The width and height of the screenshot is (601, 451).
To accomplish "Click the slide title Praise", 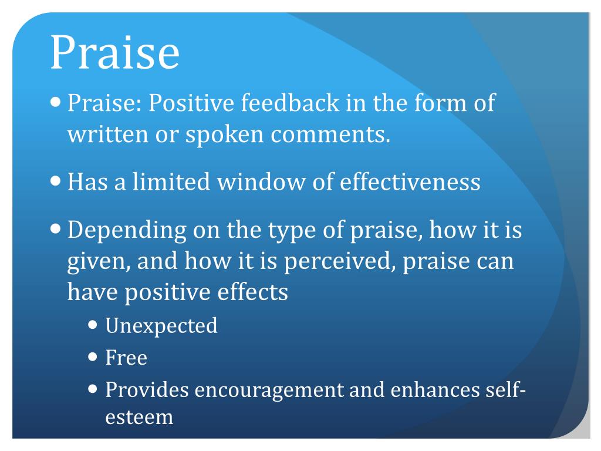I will [x=114, y=53].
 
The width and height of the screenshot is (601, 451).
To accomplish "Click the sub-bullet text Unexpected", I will [x=161, y=325].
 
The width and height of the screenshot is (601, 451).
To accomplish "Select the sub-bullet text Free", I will [x=126, y=357].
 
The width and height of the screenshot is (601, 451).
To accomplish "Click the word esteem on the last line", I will [x=139, y=417].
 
